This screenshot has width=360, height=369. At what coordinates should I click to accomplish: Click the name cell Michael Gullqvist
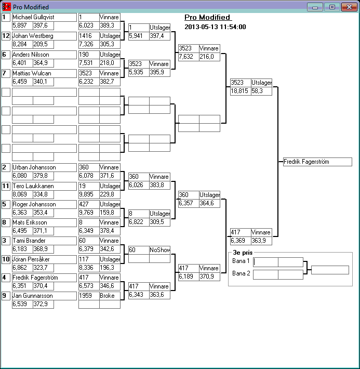tap(44, 17)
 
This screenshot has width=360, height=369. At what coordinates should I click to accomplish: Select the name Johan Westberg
tap(44, 36)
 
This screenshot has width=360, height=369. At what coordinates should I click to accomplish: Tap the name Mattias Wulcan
tap(44, 73)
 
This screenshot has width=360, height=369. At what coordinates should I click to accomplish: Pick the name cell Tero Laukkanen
tap(44, 186)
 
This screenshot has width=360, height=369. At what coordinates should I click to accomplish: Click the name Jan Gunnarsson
tap(44, 296)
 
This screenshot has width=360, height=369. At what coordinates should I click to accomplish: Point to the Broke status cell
tap(110, 296)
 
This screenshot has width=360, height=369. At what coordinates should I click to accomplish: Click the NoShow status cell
tap(160, 250)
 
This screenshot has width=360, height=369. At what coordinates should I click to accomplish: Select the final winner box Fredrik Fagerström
tap(317, 162)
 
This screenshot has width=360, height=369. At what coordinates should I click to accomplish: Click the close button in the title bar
tap(348, 7)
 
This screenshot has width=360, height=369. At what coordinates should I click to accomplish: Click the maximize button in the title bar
tap(332, 7)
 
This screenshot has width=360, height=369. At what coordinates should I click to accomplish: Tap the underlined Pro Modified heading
tap(207, 18)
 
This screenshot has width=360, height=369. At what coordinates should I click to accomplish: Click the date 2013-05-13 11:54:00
tap(215, 27)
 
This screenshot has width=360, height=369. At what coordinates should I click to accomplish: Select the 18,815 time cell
tap(240, 91)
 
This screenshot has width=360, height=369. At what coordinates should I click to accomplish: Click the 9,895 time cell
tap(89, 194)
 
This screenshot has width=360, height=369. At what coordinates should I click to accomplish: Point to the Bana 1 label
tap(241, 261)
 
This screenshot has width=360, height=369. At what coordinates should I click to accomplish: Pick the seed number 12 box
tap(6, 36)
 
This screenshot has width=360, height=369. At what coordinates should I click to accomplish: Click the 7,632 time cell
tap(188, 57)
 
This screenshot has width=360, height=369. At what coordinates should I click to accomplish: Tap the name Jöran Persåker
tap(44, 259)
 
